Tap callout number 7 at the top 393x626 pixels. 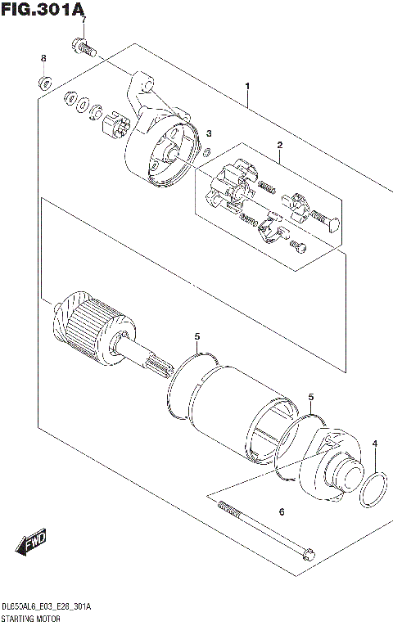pos(81,20)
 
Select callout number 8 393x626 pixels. pos(44,58)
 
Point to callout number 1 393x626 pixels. pos(247,86)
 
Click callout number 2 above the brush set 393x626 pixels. pos(279,146)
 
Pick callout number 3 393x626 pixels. pos(209,133)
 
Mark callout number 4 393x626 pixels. pos(374,444)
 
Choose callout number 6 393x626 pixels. pos(281,512)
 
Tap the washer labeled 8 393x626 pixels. pos(46,82)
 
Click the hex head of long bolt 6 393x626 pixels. pos(307,554)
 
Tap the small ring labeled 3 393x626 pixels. pos(207,151)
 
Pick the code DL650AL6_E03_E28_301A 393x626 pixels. pos(47,606)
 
